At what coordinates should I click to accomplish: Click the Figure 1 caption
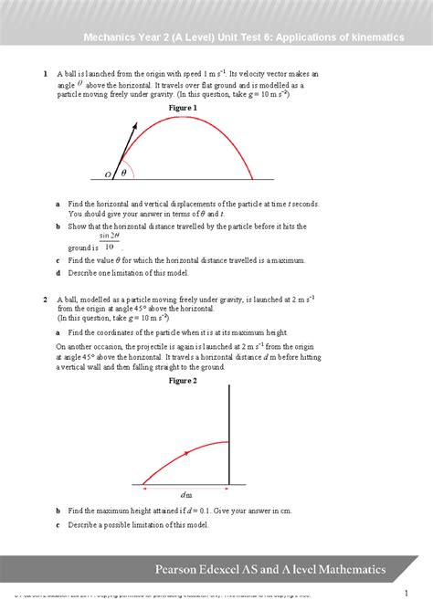184,107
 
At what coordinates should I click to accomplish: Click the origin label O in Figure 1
108,174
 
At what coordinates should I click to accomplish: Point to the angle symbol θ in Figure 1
123,173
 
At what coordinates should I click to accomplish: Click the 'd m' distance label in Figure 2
185,493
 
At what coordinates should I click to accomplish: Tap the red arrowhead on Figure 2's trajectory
186,451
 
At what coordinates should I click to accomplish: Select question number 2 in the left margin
45,299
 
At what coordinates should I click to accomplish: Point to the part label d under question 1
58,273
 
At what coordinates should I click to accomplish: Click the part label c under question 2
58,525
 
